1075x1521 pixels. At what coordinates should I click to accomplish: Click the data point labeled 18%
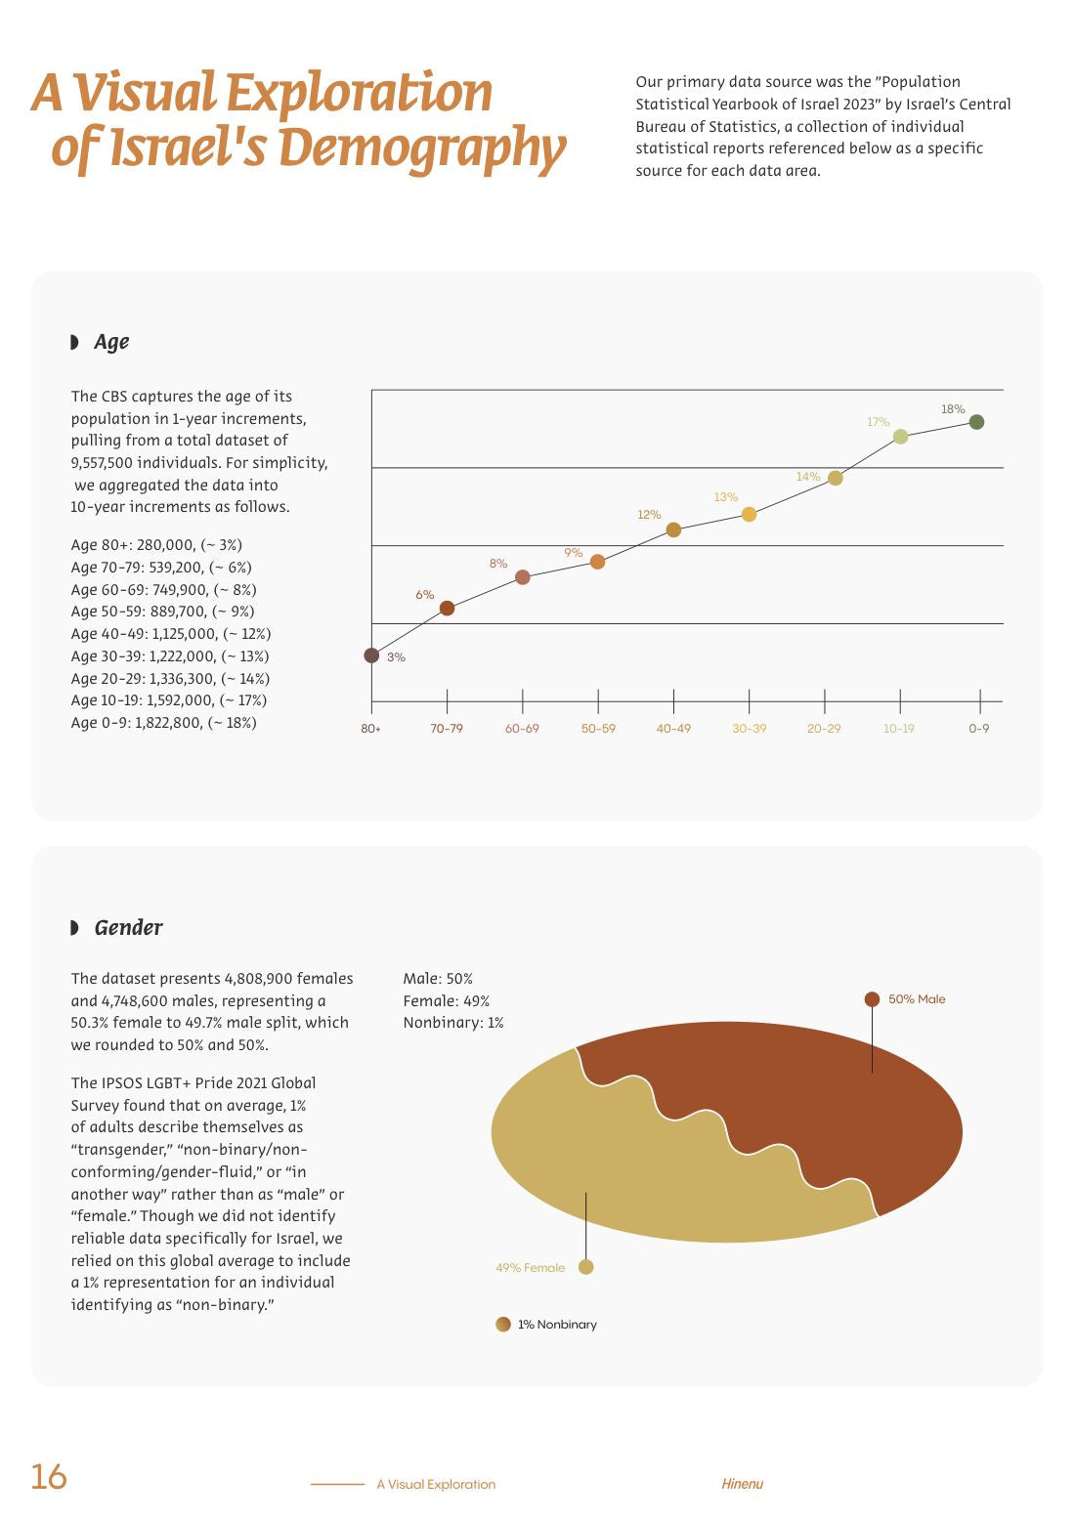pos(976,422)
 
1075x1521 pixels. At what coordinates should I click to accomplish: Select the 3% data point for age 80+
pos(371,655)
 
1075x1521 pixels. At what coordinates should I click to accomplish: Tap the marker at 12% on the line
pos(673,529)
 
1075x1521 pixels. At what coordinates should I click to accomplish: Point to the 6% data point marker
pos(447,608)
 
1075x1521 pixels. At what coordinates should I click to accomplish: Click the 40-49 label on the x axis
pos(673,728)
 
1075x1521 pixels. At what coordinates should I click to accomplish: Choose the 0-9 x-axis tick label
pos(978,728)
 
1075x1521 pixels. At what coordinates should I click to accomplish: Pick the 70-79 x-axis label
pos(447,728)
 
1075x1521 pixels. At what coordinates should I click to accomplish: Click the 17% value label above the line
pos(878,422)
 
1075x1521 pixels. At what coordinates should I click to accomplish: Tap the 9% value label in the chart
pos(573,553)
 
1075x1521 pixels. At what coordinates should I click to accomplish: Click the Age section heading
pos(111,342)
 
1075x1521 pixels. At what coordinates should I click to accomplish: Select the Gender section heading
pos(128,927)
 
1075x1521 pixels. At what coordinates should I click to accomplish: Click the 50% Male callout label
pos(916,998)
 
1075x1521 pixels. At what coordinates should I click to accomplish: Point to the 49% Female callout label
pos(530,1267)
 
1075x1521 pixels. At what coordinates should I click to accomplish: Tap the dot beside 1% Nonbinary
pos(502,1324)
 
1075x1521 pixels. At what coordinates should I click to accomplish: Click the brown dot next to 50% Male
pos(872,998)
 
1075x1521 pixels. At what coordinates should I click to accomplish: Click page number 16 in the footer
pos(49,1476)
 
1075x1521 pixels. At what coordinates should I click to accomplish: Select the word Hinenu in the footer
pos(743,1484)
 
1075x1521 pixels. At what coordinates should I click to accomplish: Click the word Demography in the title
pos(422,148)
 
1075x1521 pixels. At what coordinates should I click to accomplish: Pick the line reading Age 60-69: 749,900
pos(163,589)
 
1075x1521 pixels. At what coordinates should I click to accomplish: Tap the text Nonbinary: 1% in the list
pos(452,1023)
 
